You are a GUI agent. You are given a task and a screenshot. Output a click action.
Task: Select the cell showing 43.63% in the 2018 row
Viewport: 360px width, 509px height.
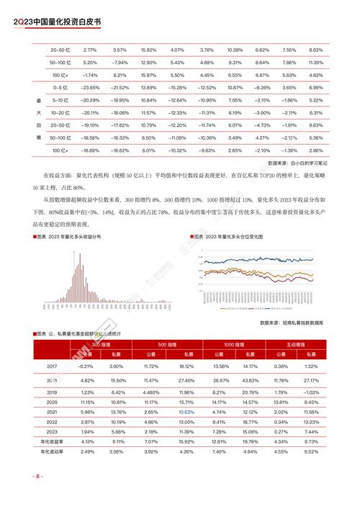click(251, 379)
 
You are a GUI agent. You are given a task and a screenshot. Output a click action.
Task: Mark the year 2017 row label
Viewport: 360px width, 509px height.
click(52, 366)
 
